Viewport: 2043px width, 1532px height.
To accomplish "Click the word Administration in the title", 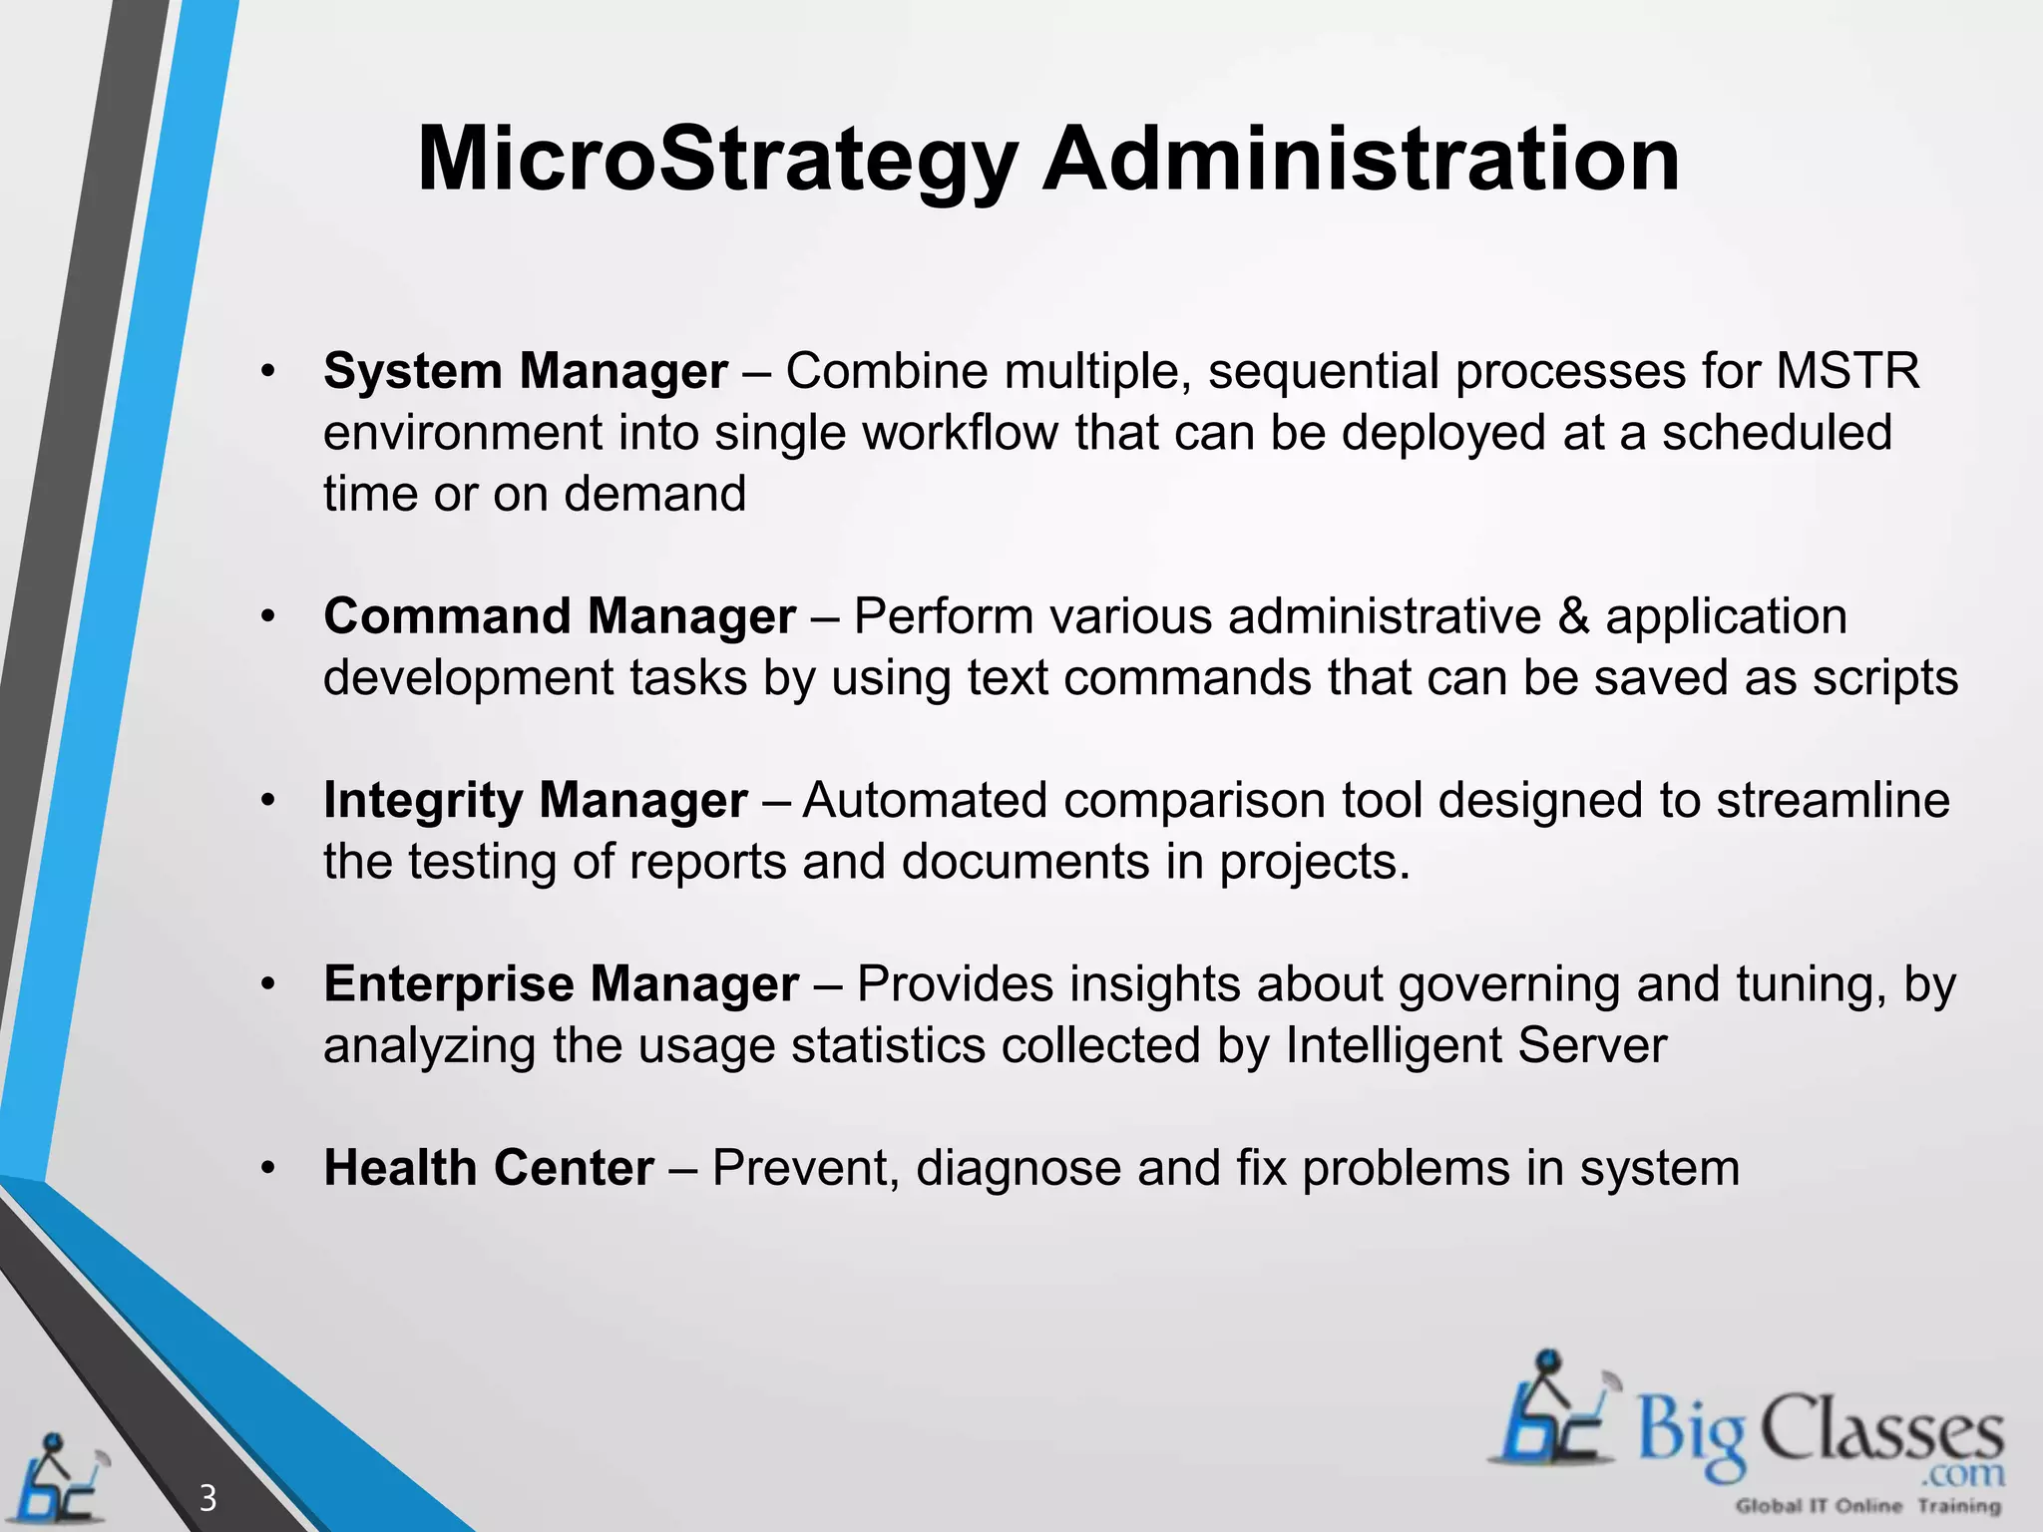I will (1361, 160).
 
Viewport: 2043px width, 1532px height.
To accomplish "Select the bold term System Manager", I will (525, 371).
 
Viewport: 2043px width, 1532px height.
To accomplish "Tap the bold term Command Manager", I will (559, 616).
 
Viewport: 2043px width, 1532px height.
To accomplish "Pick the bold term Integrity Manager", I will (535, 800).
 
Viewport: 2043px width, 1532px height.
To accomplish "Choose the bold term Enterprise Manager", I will (561, 984).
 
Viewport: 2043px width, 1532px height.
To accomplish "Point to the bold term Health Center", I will (489, 1168).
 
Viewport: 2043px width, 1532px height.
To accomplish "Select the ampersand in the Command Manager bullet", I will (1573, 616).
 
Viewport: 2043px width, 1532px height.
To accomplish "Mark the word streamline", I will (1833, 800).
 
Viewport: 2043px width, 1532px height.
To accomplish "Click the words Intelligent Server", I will (1475, 1046).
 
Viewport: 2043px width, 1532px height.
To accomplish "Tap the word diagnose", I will (1019, 1168).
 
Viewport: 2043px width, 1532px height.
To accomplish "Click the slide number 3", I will (207, 1497).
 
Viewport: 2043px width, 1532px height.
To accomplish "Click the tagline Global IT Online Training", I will (1867, 1506).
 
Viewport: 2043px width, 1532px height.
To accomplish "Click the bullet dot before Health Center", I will (266, 1168).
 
